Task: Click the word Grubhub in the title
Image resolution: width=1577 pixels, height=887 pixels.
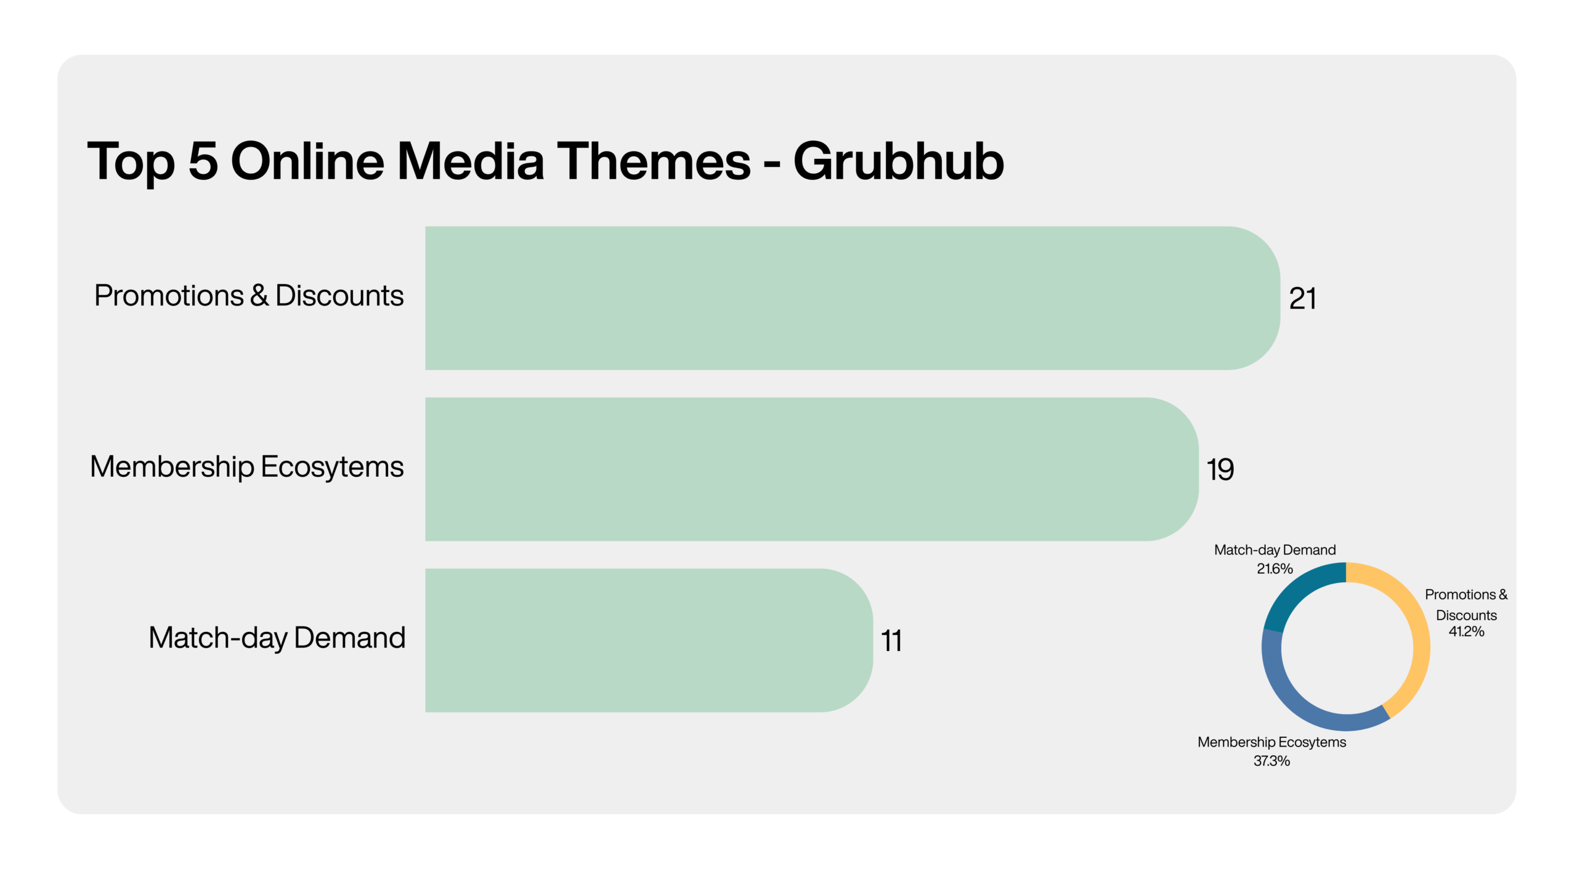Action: (899, 161)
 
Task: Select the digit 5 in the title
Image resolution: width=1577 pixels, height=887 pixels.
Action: (203, 161)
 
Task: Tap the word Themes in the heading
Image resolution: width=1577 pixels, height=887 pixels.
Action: (654, 161)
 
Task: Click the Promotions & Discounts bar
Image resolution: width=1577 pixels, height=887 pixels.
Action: (853, 298)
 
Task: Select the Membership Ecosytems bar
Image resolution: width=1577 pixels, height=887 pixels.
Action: (812, 469)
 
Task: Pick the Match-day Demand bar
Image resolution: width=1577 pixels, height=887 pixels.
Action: (649, 641)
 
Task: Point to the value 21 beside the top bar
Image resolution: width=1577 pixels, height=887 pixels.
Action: (1302, 299)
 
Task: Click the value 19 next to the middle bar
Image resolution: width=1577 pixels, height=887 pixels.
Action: (1220, 469)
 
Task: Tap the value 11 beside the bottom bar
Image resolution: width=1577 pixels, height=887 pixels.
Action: (891, 641)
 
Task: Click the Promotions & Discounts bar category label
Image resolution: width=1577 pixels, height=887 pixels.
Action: (249, 296)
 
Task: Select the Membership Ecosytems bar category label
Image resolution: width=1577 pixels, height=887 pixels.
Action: (246, 467)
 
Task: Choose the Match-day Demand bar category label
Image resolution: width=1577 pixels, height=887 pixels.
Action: (277, 638)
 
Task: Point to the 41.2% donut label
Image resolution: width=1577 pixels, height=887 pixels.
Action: (1466, 631)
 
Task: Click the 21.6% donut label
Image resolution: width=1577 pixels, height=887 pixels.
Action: (1275, 569)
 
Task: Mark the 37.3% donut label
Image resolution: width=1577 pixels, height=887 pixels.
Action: (1271, 761)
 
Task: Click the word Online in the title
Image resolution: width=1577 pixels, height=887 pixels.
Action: (307, 161)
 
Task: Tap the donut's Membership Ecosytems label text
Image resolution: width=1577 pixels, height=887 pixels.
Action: (1271, 742)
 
